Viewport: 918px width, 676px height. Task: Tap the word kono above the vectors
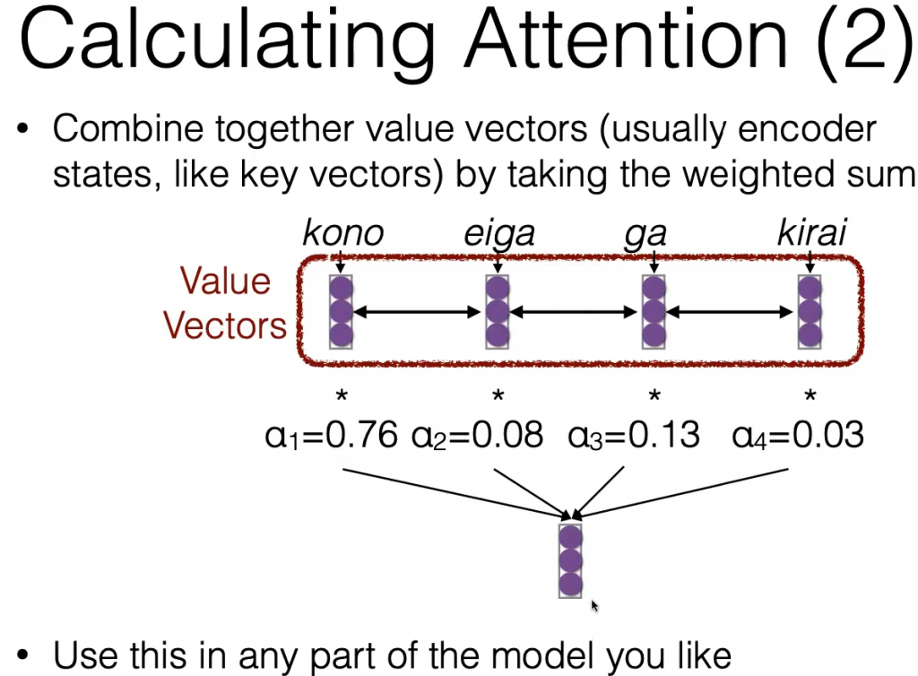[343, 233]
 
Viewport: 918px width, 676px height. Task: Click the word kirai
[811, 233]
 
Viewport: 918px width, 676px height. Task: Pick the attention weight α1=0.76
[332, 436]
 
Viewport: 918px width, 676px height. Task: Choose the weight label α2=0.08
[477, 436]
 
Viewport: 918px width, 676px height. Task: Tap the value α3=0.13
[634, 436]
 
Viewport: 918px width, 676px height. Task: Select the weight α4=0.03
[797, 436]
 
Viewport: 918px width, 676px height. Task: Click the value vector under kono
[341, 312]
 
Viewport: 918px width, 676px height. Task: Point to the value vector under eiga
[497, 312]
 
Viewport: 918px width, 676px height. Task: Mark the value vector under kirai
[810, 312]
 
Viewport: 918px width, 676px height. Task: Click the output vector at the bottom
[570, 560]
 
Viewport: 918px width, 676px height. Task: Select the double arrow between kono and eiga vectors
[418, 313]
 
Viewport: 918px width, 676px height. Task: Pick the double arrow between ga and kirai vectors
[730, 313]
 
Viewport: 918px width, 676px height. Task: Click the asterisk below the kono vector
[342, 396]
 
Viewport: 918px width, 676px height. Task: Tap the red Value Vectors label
[225, 303]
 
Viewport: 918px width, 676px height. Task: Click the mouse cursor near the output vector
[594, 606]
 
